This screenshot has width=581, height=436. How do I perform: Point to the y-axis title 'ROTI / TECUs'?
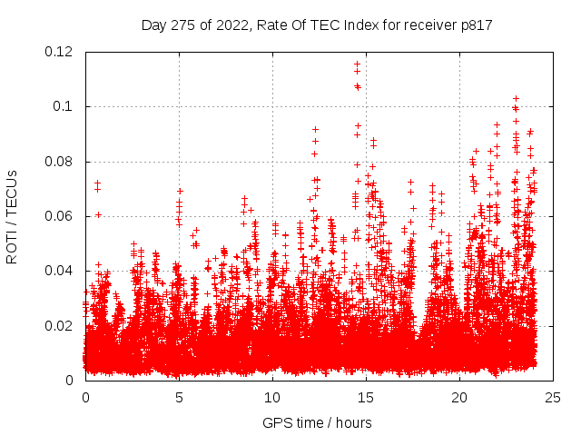(12, 216)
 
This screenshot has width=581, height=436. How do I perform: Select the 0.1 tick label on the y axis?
(65, 106)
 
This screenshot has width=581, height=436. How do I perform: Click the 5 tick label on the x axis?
(179, 396)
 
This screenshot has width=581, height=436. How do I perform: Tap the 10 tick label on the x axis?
(272, 396)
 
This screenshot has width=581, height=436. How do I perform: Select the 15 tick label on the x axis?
(366, 396)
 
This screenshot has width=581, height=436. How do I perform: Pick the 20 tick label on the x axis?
(459, 396)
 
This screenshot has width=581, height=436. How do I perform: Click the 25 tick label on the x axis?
(553, 396)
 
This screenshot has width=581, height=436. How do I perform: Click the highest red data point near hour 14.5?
(357, 64)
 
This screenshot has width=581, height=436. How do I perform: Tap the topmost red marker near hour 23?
(516, 98)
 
